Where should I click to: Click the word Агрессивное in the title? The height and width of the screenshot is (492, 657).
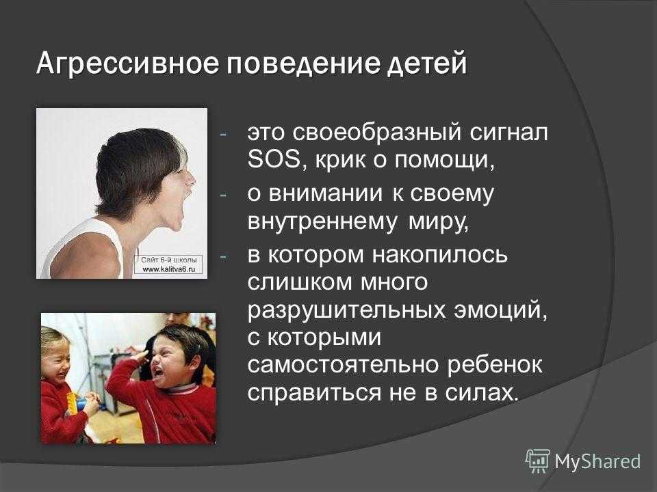(x=127, y=64)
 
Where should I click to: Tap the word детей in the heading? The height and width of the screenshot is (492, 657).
(x=426, y=64)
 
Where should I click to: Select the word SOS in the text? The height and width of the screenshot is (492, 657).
(x=274, y=159)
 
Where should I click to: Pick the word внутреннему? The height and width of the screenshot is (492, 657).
(x=322, y=222)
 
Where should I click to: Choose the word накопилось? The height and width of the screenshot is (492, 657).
(x=440, y=255)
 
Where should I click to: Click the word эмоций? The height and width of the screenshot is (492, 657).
(x=501, y=310)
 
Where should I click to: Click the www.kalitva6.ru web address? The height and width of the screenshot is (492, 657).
(x=169, y=269)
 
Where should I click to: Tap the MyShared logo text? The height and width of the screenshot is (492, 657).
(x=597, y=461)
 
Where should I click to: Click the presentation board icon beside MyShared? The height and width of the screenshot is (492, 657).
(x=538, y=461)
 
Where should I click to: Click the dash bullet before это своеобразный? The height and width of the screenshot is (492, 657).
(x=223, y=135)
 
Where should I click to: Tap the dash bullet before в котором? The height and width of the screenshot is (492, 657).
(x=223, y=256)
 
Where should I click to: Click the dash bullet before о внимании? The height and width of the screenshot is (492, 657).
(x=223, y=195)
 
